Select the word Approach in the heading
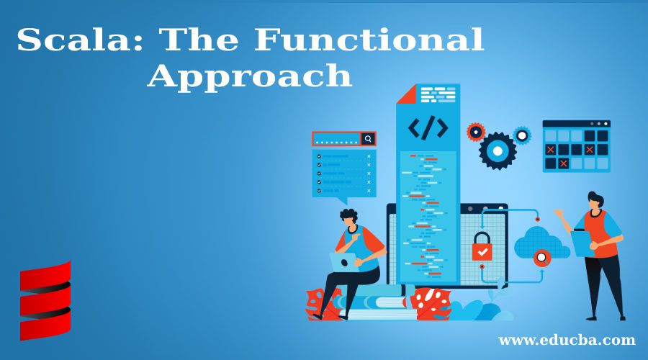pyautogui.click(x=250, y=76)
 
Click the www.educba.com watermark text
pyautogui.click(x=567, y=340)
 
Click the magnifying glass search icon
pyautogui.click(x=368, y=138)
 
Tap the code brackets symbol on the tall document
pyautogui.click(x=428, y=128)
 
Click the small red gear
pyautogui.click(x=476, y=132)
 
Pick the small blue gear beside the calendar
pyautogui.click(x=522, y=135)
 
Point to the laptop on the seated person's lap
pyautogui.click(x=344, y=262)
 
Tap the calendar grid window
pyautogui.click(x=576, y=146)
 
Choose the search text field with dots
pyautogui.click(x=336, y=139)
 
